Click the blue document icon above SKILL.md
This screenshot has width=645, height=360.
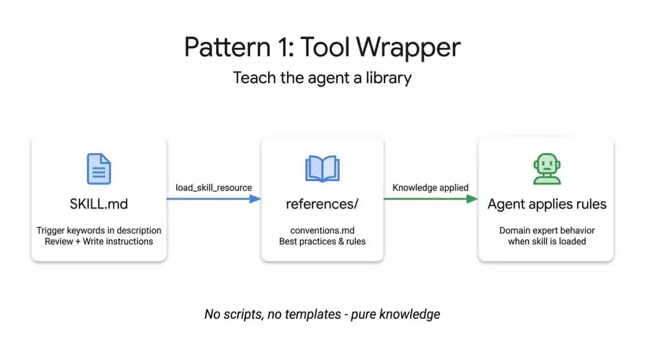click(x=99, y=169)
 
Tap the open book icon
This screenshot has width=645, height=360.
click(x=322, y=169)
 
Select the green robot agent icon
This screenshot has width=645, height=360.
click(x=546, y=169)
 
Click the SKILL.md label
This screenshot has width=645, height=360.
click(x=99, y=204)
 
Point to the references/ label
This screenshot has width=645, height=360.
click(x=322, y=204)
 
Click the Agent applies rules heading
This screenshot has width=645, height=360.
click(x=546, y=205)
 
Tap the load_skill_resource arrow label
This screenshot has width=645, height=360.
click(x=213, y=187)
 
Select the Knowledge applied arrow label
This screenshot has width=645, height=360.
click(x=430, y=187)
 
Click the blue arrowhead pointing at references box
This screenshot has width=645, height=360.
click(x=255, y=199)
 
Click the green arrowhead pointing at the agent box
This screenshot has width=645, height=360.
click(x=472, y=199)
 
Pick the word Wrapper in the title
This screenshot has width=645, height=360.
click(x=408, y=47)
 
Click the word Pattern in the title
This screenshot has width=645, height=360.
click(x=227, y=47)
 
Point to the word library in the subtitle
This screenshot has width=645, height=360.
click(x=388, y=78)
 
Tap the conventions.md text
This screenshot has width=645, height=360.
click(x=322, y=230)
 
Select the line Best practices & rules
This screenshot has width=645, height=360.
click(x=322, y=242)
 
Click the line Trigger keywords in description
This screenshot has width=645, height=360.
click(x=99, y=231)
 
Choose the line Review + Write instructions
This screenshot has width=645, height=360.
click(x=99, y=242)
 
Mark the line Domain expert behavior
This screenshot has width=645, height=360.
click(x=546, y=231)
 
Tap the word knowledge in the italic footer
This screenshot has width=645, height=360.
click(x=409, y=315)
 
